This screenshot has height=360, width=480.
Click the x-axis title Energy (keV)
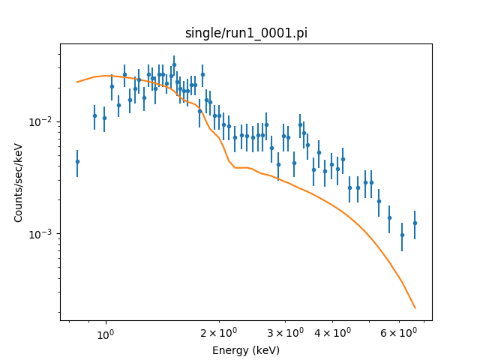pyautogui.click(x=246, y=350)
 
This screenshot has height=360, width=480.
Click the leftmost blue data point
pyautogui.click(x=77, y=161)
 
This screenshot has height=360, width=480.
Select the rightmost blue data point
pyautogui.click(x=415, y=223)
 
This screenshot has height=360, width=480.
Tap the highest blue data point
pyautogui.click(x=174, y=64)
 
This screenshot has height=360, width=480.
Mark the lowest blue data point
pyautogui.click(x=402, y=235)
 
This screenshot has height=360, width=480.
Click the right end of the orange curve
pyautogui.click(x=415, y=308)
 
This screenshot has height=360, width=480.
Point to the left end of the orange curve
pyautogui.click(x=77, y=82)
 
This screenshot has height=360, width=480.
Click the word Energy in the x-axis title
pyautogui.click(x=229, y=350)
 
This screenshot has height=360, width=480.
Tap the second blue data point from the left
pyautogui.click(x=94, y=115)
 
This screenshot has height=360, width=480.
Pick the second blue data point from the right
pyautogui.click(x=402, y=235)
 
